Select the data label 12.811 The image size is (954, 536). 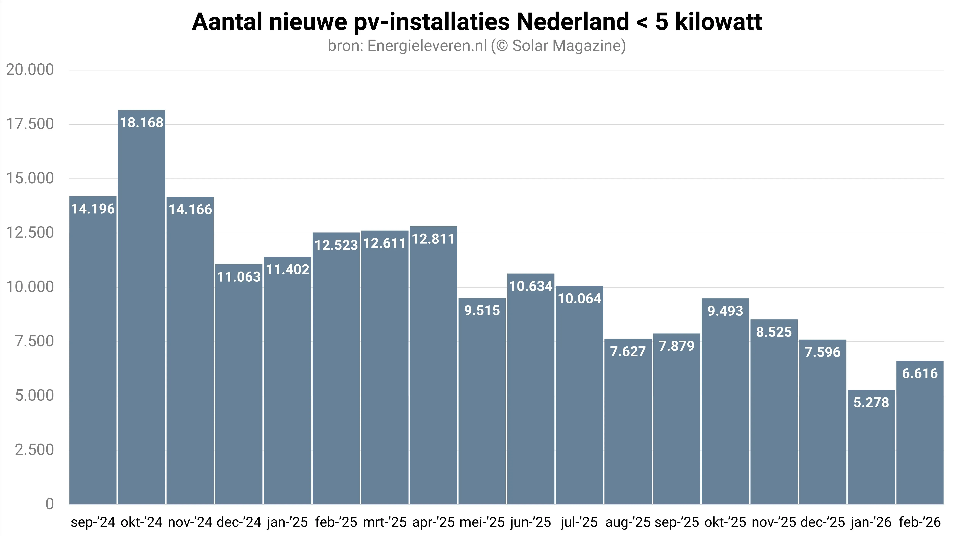(433, 239)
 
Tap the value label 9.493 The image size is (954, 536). (725, 311)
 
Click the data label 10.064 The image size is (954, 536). (579, 299)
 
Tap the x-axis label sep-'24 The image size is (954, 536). (93, 522)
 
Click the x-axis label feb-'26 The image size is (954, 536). (920, 522)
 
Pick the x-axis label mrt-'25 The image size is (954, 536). (385, 522)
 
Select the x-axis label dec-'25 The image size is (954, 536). (822, 522)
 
